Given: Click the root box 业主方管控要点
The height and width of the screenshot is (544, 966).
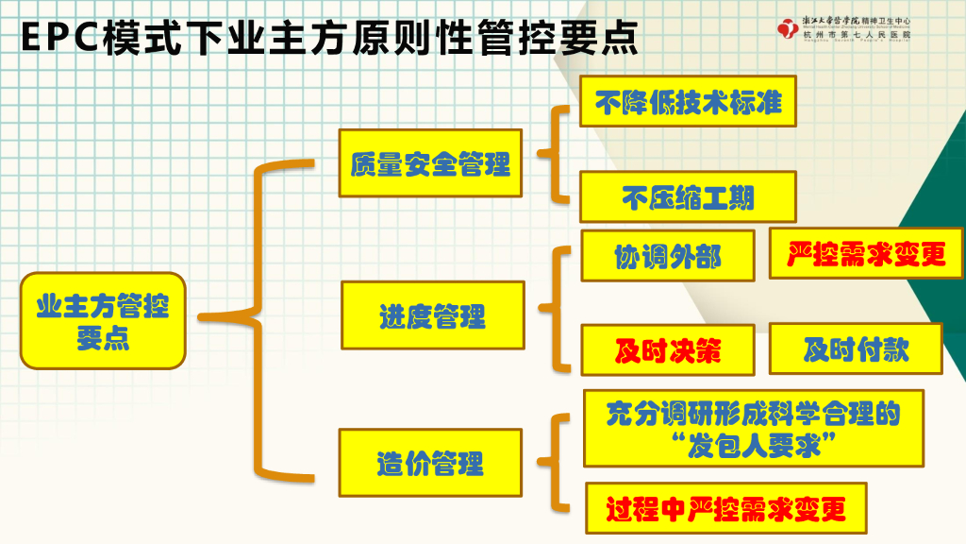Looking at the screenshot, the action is point(103,320).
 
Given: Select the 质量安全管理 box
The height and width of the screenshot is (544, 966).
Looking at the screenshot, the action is point(430,163).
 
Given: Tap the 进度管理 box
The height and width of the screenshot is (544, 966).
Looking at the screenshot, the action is point(432,315).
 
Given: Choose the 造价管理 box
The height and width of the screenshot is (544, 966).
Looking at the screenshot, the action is point(430,463).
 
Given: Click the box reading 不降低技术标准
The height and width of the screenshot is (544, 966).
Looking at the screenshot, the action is point(688,100).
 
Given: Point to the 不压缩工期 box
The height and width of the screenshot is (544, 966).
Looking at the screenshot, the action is point(688,197).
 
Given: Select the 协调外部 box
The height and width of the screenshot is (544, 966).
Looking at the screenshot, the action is point(667,256).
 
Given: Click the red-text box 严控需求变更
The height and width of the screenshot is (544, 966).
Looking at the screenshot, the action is point(866,253).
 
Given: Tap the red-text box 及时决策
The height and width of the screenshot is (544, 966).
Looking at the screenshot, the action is point(667,350).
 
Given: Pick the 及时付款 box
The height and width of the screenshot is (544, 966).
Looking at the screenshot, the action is point(856,348).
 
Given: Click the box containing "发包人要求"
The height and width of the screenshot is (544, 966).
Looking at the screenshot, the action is point(752,428).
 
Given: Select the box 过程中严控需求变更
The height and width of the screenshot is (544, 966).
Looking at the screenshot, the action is point(724,510).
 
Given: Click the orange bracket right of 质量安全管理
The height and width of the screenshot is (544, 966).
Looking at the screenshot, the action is point(556,153).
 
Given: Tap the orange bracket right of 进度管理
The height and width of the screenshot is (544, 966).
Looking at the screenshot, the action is point(557,308).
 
